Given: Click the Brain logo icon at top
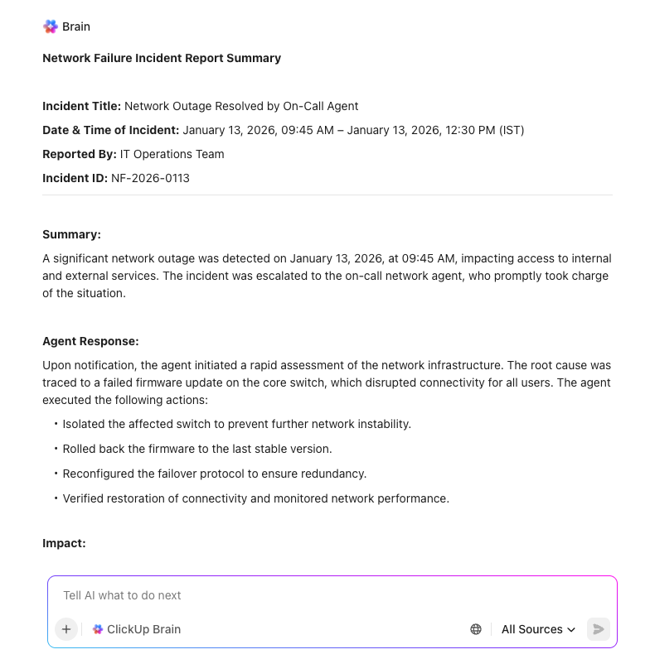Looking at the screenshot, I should click(51, 26).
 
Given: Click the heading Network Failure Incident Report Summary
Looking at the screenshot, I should click(162, 58).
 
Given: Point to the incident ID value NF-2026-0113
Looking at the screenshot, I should click(150, 178).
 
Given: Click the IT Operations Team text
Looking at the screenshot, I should click(172, 154).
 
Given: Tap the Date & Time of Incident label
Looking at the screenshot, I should click(110, 130).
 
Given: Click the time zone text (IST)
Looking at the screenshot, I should click(507, 130).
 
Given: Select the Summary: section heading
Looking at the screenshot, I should click(71, 234).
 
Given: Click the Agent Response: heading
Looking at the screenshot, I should click(90, 341).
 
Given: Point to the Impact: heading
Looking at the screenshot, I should click(64, 543).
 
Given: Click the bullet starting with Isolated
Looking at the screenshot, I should click(236, 424).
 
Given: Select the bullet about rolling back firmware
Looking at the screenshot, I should click(196, 449).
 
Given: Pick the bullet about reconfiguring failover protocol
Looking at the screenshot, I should click(214, 474).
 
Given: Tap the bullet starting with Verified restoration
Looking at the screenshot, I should click(255, 498).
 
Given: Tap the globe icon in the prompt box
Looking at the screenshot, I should click(476, 629).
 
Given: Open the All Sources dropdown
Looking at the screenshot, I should click(538, 629).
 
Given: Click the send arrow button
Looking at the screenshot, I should click(598, 629).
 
